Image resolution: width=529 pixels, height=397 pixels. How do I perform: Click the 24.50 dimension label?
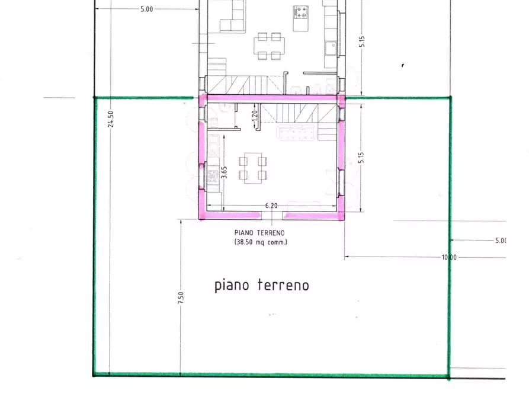point(110,119)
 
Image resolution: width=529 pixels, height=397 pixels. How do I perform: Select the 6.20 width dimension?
point(271,206)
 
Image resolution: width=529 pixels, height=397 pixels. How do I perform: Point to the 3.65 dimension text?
point(223,172)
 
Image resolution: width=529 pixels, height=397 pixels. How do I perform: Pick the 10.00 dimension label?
point(448,257)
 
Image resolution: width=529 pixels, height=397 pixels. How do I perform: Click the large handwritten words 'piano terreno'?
point(261,286)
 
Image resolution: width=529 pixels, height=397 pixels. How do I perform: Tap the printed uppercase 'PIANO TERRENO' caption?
point(260,233)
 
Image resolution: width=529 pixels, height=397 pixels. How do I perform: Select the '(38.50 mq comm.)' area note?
point(260,242)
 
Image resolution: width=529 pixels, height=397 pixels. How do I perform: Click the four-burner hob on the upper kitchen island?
point(300,12)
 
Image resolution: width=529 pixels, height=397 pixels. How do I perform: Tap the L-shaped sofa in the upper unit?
point(232,18)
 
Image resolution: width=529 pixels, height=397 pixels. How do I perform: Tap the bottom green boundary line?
point(271,374)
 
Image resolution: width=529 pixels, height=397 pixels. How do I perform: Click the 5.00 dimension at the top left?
point(146,9)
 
